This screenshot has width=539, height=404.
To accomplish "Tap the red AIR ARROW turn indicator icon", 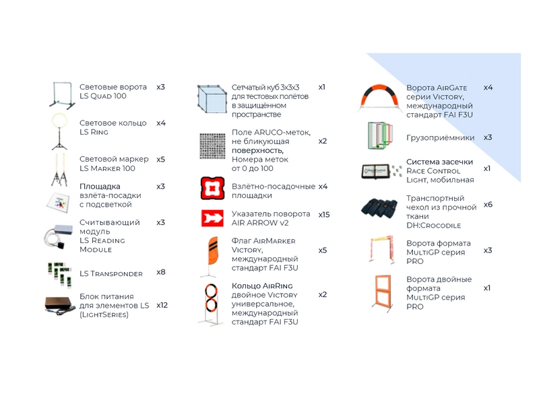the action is point(212,218).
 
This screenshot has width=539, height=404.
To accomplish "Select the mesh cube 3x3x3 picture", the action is point(212,98).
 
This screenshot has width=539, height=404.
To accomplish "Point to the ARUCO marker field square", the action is point(212,146).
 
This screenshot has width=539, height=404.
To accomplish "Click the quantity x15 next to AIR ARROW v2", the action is point(324,215).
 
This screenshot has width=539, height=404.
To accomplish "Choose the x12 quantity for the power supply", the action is point(162,305).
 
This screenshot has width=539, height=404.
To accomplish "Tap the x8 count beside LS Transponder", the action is point(161,272).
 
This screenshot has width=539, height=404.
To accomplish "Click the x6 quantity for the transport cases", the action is point(488,205).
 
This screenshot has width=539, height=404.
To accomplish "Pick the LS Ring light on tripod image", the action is point(59,132).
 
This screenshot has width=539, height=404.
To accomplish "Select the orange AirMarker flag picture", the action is point(210,257).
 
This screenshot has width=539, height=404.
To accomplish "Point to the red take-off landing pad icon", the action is point(213,189).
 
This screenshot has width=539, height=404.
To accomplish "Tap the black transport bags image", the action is point(379,207).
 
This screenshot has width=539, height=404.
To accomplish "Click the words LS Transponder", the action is point(111,274).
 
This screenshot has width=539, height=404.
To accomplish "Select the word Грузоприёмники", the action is point(441,138).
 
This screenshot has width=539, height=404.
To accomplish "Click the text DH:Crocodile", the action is point(433,226).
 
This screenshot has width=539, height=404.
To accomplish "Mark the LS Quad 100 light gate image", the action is point(62,96).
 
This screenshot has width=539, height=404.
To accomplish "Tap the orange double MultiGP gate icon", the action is point(383,293).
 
